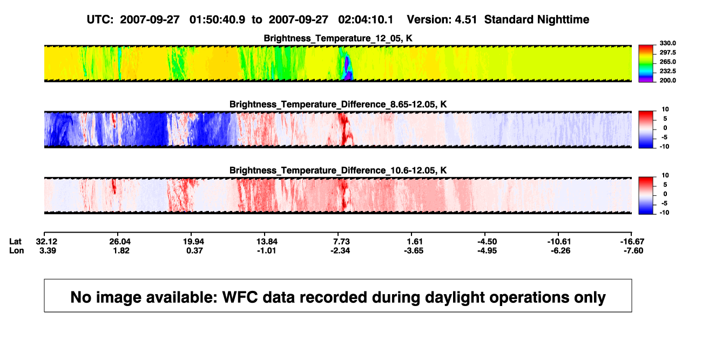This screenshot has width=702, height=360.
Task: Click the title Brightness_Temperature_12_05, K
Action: pyautogui.click(x=338, y=38)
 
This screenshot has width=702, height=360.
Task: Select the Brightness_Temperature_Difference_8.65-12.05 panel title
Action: pyautogui.click(x=338, y=104)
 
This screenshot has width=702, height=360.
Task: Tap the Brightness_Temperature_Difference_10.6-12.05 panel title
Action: pyautogui.click(x=338, y=171)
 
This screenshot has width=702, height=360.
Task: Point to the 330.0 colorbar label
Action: pyautogui.click(x=667, y=43)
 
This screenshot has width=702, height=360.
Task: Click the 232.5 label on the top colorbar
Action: pyautogui.click(x=667, y=71)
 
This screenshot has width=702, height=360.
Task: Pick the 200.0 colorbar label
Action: pyautogui.click(x=667, y=80)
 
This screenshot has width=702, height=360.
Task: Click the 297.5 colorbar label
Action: pyautogui.click(x=667, y=53)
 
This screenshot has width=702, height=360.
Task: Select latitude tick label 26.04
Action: pyautogui.click(x=120, y=242)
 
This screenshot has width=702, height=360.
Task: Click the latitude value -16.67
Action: pyautogui.click(x=632, y=242)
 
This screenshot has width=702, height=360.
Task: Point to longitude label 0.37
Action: pyautogui.click(x=194, y=250)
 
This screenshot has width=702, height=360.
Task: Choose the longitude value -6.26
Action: pyautogui.click(x=561, y=250)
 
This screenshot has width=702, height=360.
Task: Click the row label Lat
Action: pyautogui.click(x=15, y=242)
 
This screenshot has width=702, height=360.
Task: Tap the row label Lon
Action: pyautogui.click(x=16, y=250)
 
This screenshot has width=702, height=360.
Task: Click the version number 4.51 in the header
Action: pyautogui.click(x=465, y=20)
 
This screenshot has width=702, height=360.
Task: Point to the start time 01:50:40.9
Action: pyautogui.click(x=217, y=20)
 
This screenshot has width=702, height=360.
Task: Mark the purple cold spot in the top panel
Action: pyautogui.click(x=347, y=66)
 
